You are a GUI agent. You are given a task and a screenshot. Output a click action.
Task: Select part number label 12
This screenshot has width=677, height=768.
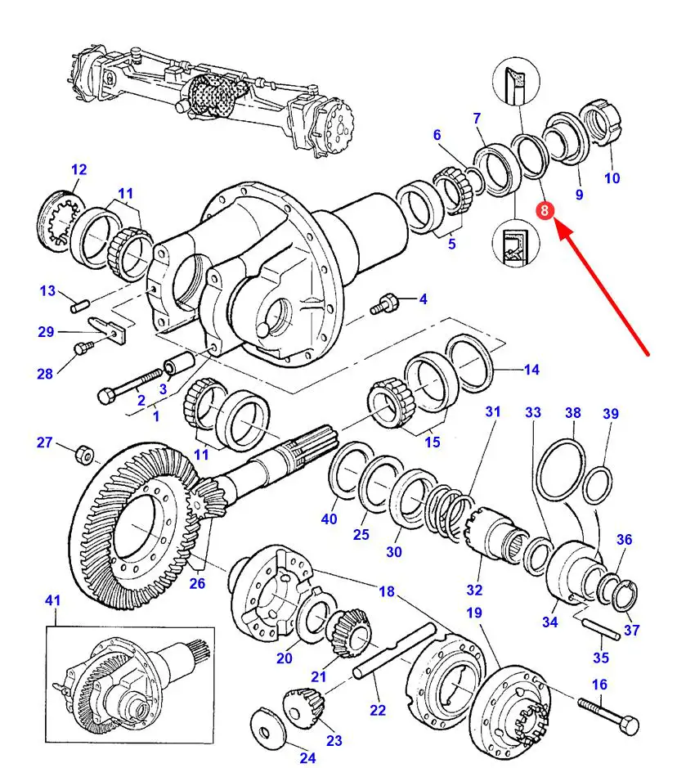[78, 170]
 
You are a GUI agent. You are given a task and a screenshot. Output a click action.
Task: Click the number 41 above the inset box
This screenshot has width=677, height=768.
[52, 601]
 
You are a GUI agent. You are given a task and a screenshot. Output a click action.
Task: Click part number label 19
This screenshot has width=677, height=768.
[474, 613]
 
